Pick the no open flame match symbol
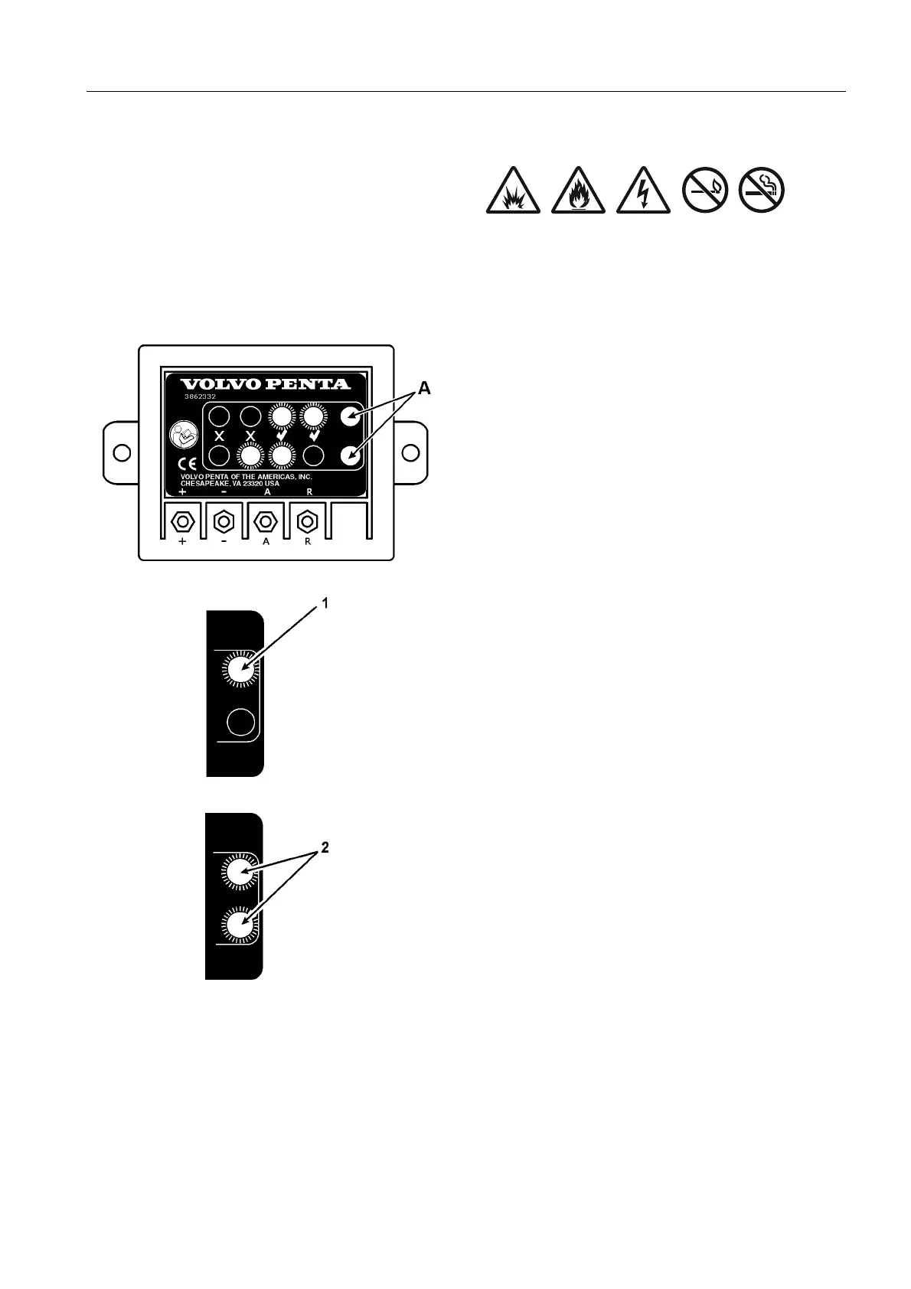pos(705,191)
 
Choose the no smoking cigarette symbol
pos(762,191)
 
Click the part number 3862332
pos(200,397)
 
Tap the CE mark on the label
pos(187,464)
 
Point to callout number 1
pos(325,604)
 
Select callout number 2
pos(325,848)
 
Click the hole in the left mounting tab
pos(121,452)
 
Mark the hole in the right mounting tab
pos(410,452)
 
